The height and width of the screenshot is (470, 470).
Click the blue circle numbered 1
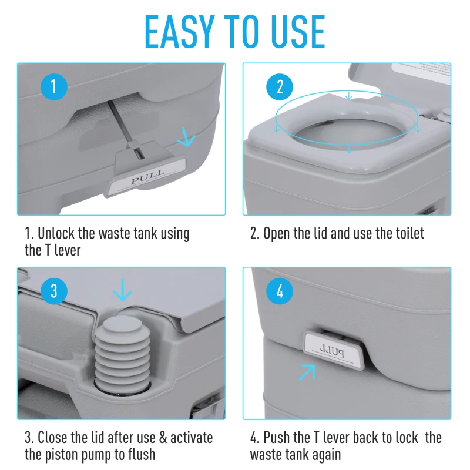(54, 88)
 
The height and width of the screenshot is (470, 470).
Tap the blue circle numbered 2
(280, 88)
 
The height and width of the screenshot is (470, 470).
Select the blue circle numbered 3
(54, 292)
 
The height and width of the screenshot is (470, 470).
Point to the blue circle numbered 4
(280, 292)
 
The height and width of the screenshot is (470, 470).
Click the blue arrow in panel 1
(187, 138)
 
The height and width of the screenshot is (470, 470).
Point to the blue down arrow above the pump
(122, 290)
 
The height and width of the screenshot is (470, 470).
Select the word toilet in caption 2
(405, 233)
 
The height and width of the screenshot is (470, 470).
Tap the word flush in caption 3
(139, 455)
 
